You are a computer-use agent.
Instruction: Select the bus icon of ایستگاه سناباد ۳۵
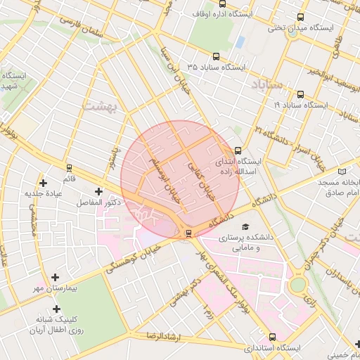pyautogui.click(x=215, y=57)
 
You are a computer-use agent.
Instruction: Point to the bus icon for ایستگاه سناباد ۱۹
pyautogui.click(x=301, y=94)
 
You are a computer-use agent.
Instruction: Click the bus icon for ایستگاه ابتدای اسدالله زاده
pyautogui.click(x=238, y=150)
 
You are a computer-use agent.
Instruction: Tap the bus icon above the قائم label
pyautogui.click(x=69, y=168)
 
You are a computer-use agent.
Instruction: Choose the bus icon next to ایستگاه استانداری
pyautogui.click(x=273, y=337)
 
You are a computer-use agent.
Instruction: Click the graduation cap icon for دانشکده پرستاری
pyautogui.click(x=245, y=226)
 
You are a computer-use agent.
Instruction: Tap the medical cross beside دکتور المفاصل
pyautogui.click(x=98, y=191)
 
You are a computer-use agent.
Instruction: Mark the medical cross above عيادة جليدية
pyautogui.click(x=44, y=182)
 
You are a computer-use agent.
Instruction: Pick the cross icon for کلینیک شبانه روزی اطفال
pyautogui.click(x=56, y=309)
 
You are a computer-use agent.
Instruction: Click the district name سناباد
pyautogui.click(x=266, y=84)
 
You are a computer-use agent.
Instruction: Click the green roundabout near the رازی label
pyautogui.click(x=298, y=285)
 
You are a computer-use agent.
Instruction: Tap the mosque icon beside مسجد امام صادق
pyautogui.click(x=342, y=171)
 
